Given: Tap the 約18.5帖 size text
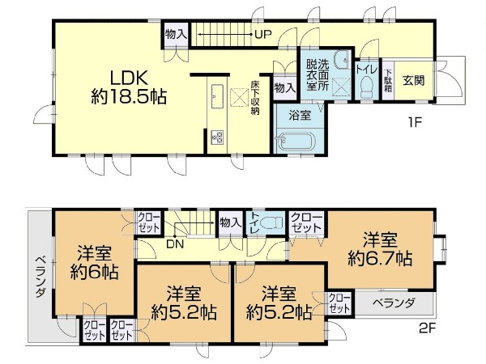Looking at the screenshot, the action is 129,97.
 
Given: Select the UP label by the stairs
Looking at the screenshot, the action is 262,34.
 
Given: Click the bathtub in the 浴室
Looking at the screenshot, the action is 296,141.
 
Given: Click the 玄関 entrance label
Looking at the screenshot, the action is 413,81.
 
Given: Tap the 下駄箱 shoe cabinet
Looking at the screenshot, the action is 388,80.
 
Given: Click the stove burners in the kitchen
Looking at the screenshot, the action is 217,138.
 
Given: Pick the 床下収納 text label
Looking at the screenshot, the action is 255,98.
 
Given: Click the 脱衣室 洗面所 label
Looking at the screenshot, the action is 318,75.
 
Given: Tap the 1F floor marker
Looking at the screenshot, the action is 415,123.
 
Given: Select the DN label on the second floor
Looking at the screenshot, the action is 175,244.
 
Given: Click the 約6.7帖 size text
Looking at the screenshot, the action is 380,259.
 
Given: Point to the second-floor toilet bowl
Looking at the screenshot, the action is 272,222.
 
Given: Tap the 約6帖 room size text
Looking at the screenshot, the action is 94,272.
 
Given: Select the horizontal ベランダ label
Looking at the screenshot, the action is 394,303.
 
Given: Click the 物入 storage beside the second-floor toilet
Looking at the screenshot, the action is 230,222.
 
